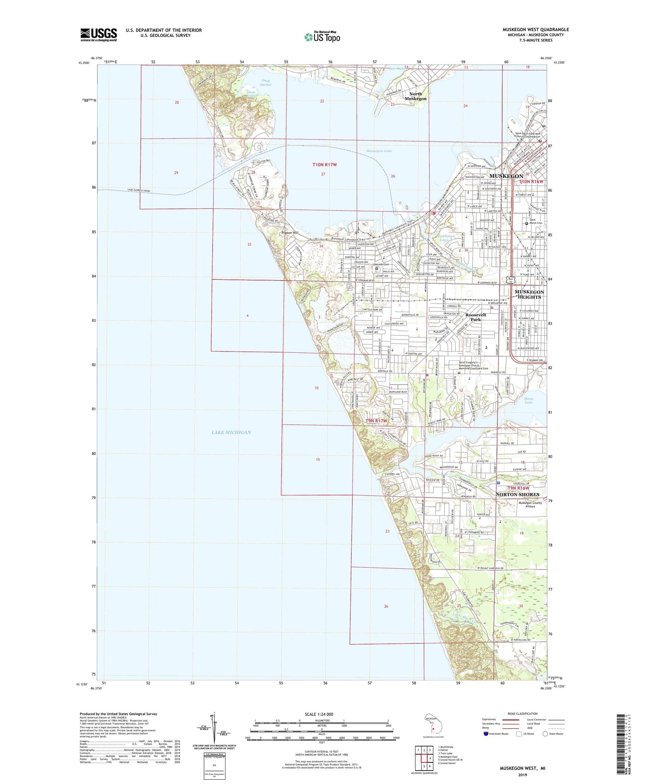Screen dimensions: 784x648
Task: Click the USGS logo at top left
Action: pos(98,35)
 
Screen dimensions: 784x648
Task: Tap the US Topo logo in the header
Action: pos(322,37)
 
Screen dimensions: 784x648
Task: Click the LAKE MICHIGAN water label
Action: pos(231,432)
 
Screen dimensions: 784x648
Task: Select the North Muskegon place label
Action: pos(415,96)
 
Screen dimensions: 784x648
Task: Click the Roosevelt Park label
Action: pos(475,317)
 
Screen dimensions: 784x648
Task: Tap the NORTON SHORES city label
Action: pos(517,494)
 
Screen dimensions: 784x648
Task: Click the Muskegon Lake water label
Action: pos(379,151)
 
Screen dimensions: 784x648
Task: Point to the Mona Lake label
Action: pos(528,400)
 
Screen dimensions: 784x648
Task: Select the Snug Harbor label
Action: pos(266,82)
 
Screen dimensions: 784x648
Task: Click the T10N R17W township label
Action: pos(324,165)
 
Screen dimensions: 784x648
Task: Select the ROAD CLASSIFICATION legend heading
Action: pos(523,714)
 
